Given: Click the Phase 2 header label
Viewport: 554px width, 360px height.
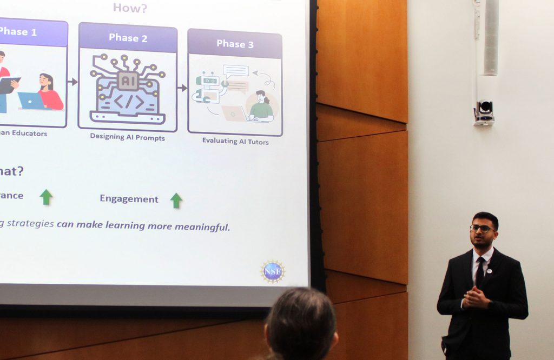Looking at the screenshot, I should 128,37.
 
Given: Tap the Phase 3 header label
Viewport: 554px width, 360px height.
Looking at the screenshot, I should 235,44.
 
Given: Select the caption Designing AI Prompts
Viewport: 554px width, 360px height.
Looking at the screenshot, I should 128,137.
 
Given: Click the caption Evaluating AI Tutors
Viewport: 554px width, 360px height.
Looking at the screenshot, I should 235,141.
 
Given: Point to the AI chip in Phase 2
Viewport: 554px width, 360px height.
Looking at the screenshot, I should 128,81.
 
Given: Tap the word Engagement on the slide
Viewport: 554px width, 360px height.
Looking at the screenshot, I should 129,199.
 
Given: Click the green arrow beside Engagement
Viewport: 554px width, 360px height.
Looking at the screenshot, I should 176,201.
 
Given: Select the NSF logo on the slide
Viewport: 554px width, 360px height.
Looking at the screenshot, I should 273,271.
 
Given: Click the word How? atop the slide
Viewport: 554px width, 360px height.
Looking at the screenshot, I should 130,8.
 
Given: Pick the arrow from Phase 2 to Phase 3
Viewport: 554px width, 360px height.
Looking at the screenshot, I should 182,88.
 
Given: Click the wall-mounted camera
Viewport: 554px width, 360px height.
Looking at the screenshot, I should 484,112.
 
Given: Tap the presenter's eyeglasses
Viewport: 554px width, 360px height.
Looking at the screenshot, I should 481,229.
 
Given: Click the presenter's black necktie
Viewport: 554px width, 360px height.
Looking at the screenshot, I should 480,270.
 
